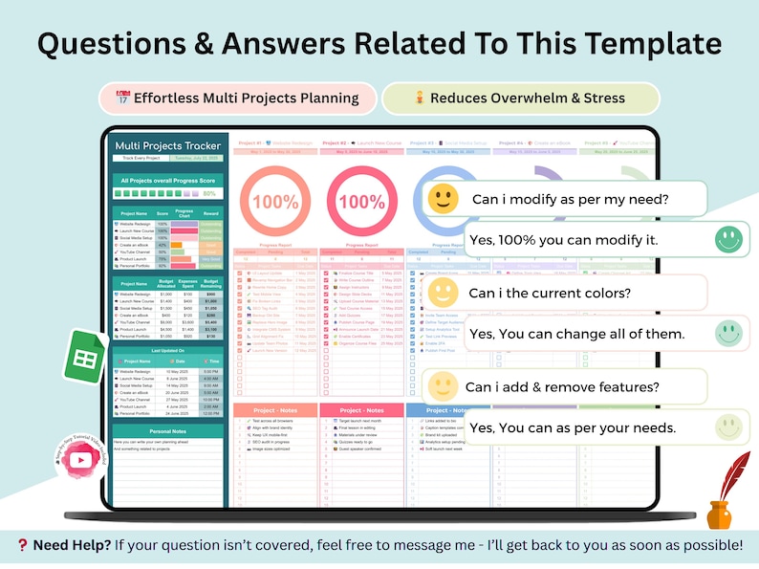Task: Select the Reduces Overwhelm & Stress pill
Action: tap(520, 98)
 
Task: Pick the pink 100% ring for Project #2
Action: tap(361, 201)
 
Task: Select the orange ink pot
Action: tap(719, 515)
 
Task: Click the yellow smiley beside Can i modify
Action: tap(443, 199)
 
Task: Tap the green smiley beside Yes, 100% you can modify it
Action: tap(728, 239)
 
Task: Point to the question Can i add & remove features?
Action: tap(562, 386)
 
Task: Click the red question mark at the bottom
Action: tap(22, 545)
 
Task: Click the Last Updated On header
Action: tap(167, 349)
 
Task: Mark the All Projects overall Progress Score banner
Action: tap(167, 180)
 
